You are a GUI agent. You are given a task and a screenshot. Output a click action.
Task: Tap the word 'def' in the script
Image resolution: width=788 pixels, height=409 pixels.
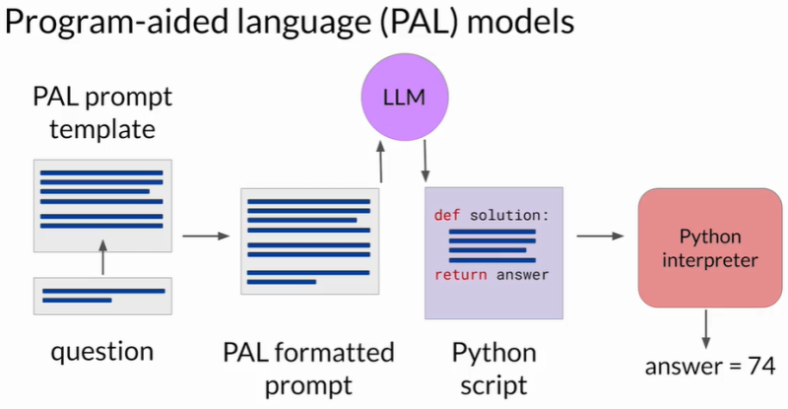[x=449, y=214]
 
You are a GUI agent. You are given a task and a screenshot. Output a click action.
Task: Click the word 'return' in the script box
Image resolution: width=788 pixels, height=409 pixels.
[x=460, y=275]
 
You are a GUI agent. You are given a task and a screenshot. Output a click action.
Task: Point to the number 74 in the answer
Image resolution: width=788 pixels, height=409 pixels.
[x=759, y=368]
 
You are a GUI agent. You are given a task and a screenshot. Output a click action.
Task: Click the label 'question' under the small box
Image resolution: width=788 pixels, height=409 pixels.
[x=102, y=352]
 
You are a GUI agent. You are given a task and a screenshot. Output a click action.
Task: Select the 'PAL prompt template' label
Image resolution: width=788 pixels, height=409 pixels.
[x=102, y=114]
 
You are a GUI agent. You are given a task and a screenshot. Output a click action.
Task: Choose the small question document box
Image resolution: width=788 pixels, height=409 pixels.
[x=102, y=295]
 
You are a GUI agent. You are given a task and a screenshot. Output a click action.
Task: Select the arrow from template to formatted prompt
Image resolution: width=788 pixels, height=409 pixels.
[x=205, y=237]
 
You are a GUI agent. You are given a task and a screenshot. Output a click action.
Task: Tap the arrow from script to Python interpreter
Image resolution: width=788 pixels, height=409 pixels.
[x=602, y=237]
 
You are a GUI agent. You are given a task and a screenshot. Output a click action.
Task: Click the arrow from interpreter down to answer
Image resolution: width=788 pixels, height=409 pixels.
[x=705, y=328]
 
